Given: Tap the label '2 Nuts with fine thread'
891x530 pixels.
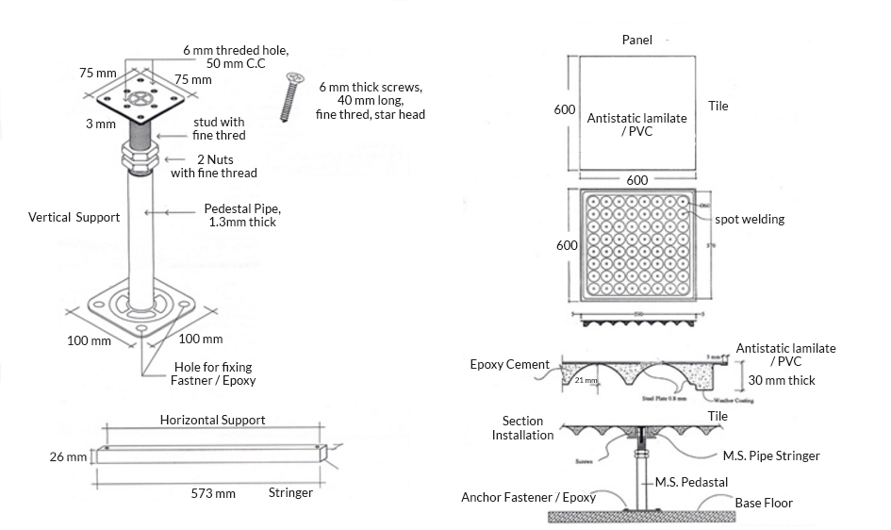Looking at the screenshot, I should [214, 166].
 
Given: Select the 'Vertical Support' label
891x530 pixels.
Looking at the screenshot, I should [74, 218].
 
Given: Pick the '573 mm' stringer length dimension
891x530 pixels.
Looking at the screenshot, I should [212, 492].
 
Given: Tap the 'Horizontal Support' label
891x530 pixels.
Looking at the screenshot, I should [212, 420].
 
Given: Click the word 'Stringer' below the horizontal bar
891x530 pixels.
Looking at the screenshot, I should [290, 492].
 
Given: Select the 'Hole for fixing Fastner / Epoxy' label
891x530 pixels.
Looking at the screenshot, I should [215, 373].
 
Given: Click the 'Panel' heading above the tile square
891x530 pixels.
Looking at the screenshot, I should [638, 40].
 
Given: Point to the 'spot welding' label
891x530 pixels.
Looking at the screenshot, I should [750, 219].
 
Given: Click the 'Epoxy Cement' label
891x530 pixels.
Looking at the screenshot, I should [509, 365].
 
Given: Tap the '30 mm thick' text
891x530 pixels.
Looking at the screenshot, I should [782, 380].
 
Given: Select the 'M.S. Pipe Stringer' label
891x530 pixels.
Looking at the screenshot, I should [771, 455].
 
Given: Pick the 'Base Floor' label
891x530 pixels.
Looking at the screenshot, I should [764, 503].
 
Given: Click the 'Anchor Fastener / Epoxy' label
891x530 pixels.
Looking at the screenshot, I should [528, 497].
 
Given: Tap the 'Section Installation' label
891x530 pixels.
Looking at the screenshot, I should [522, 428].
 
